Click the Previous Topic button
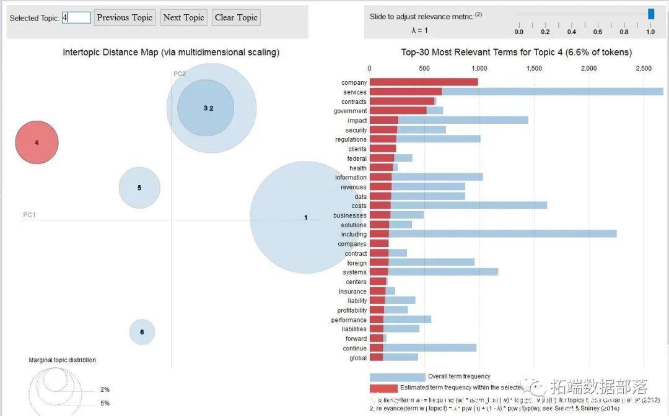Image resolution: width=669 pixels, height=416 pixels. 125,17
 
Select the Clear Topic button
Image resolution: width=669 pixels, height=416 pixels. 236,17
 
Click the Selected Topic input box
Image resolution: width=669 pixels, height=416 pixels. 77,17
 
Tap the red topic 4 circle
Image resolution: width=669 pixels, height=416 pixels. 37,142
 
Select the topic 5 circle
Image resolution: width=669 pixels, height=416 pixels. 139,188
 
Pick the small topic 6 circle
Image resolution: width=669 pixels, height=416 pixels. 142,332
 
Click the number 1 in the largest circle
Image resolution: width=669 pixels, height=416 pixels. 305,218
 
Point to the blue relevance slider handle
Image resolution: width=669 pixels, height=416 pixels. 650,14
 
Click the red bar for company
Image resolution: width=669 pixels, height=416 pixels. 424,82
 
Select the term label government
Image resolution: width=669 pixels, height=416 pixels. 350,111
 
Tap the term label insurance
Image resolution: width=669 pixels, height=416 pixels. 352,292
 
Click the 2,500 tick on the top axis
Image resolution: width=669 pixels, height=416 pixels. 644,69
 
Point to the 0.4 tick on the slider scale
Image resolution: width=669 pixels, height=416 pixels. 572,32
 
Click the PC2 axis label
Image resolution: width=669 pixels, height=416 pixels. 180,74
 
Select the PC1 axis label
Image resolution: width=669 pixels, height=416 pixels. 29,215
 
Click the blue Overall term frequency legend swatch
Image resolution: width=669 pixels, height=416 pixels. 397,377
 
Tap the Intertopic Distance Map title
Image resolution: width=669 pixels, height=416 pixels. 171,53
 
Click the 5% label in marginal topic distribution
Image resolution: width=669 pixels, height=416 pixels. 105,403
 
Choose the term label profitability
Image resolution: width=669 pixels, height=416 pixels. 352,310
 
